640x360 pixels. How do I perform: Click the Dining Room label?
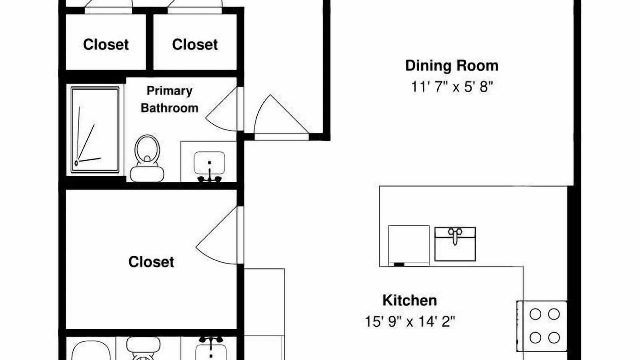[452, 66]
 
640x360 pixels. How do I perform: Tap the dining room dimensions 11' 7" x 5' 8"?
[452, 87]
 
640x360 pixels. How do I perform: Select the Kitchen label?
[410, 301]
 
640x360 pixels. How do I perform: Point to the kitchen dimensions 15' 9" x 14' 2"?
[410, 322]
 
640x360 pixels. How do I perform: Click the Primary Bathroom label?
[169, 99]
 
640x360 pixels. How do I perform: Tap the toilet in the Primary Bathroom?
[147, 159]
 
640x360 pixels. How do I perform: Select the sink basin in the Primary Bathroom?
[209, 163]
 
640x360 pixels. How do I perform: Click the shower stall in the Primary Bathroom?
[95, 130]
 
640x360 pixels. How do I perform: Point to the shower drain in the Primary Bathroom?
[76, 163]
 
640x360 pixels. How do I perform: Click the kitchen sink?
[455, 244]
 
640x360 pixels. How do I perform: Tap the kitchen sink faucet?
[455, 235]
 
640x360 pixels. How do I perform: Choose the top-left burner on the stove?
[535, 314]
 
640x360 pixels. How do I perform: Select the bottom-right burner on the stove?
[554, 338]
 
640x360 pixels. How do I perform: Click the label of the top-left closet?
[106, 45]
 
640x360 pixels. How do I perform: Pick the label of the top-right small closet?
[195, 45]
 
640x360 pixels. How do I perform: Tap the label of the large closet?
[151, 262]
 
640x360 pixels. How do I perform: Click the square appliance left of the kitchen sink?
[409, 246]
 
